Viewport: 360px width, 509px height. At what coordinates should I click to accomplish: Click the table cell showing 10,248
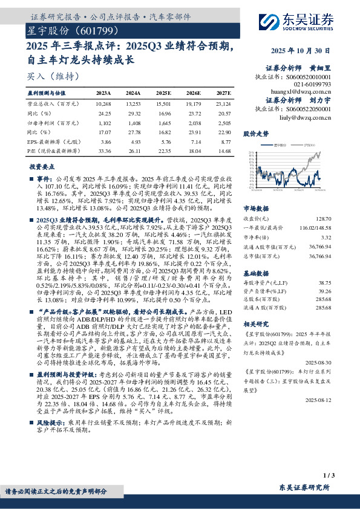(104, 104)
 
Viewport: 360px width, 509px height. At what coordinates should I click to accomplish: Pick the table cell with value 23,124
(223, 104)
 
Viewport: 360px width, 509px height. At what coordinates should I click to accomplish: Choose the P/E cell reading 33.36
(104, 149)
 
